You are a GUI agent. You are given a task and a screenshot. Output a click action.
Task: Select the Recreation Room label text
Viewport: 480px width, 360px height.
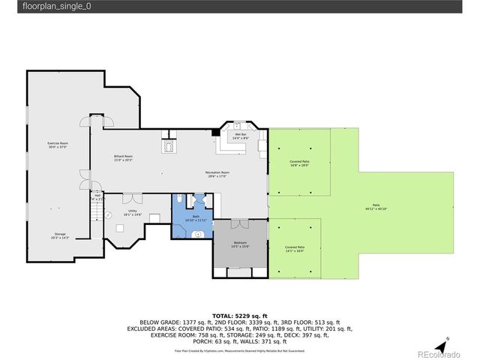217,174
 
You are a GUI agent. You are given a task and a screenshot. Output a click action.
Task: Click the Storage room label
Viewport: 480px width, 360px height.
60,235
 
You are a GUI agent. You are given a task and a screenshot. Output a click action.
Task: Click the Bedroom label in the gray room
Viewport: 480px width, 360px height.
239,244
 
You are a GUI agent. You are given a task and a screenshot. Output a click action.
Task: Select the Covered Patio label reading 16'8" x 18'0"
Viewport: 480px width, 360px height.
299,163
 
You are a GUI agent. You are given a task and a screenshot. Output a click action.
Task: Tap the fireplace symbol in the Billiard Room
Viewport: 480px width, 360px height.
169,145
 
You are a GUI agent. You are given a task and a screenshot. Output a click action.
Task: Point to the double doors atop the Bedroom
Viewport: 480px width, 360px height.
241,223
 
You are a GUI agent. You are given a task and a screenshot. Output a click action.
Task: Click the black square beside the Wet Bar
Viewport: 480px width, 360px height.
215,133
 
